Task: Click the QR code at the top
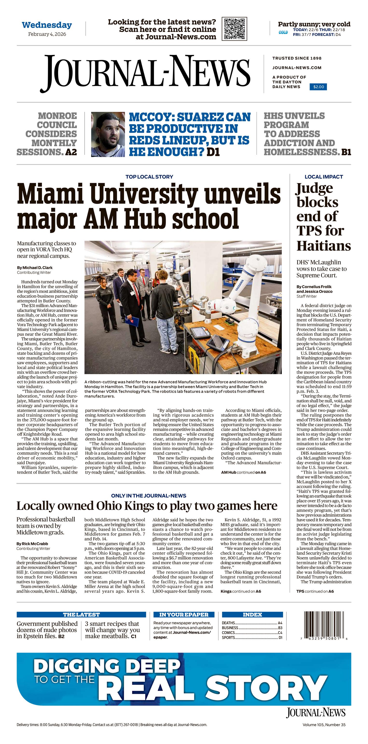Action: click(234, 29)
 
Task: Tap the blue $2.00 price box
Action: click(318, 87)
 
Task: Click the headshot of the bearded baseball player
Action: click(108, 135)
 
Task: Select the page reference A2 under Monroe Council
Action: click(71, 152)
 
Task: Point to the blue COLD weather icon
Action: click(283, 32)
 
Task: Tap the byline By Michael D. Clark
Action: click(35, 268)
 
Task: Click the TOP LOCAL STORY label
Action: click(149, 177)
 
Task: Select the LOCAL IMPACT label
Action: click(324, 177)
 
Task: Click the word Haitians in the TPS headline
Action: click(324, 246)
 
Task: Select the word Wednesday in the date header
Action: click(47, 25)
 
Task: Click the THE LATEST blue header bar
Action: click(81, 615)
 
